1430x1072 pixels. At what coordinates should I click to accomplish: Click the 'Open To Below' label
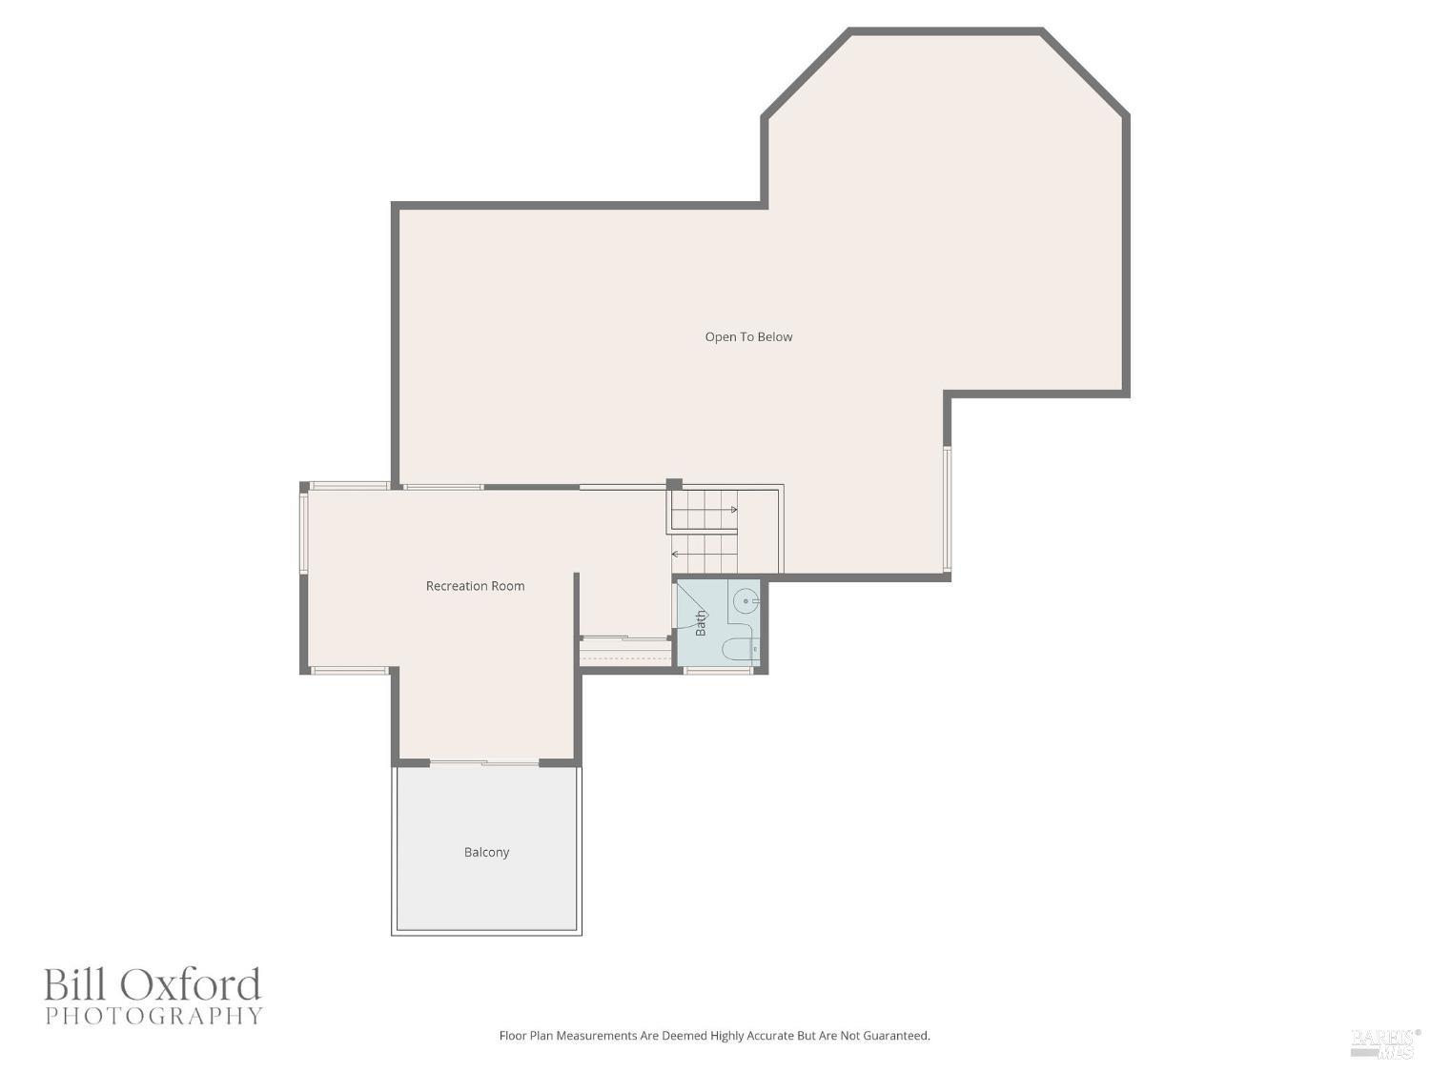(x=748, y=336)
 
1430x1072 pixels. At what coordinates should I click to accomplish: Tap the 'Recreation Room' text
(x=475, y=586)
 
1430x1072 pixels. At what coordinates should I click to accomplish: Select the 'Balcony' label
(x=486, y=852)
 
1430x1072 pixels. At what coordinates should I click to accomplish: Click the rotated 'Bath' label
(x=701, y=623)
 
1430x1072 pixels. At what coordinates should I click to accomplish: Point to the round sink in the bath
(x=747, y=602)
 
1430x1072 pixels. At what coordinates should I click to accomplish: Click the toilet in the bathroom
(x=740, y=649)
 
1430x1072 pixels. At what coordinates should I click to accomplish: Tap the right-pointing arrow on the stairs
(x=733, y=510)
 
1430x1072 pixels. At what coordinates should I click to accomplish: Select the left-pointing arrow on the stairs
(x=676, y=554)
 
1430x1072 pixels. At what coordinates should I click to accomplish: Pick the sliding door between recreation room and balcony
(x=484, y=762)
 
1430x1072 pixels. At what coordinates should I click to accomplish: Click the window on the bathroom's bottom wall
(x=718, y=671)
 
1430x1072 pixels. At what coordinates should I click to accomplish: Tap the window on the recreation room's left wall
(x=304, y=533)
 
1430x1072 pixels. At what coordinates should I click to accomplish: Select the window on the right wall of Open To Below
(x=947, y=509)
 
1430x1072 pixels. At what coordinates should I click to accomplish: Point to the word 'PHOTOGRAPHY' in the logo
(x=153, y=1016)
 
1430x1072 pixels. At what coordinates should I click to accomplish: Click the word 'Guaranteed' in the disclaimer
(x=895, y=1036)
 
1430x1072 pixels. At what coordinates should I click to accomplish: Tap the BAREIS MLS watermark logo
(x=1385, y=1042)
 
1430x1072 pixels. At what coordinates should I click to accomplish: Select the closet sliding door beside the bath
(x=624, y=639)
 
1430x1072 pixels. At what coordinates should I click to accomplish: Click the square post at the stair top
(x=674, y=484)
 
